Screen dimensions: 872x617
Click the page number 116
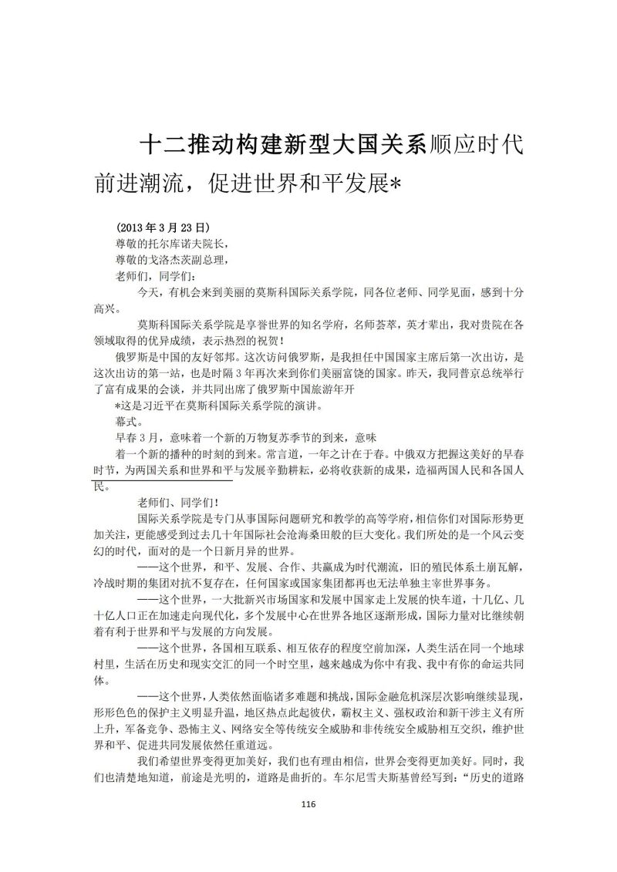308,804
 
